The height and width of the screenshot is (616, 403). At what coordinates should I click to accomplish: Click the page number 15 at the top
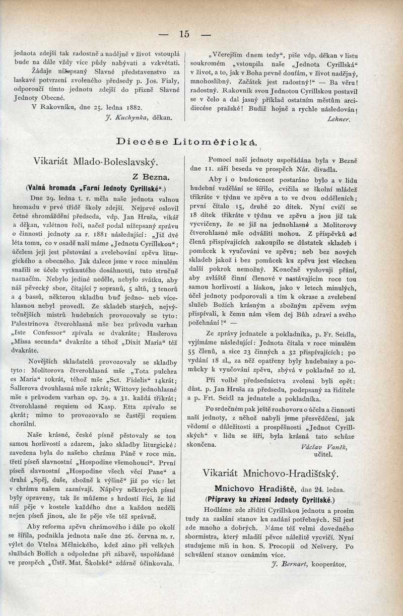183,34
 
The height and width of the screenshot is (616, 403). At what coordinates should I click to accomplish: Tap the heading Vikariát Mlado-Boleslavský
96,162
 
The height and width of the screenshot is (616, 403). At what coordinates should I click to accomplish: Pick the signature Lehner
338,119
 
